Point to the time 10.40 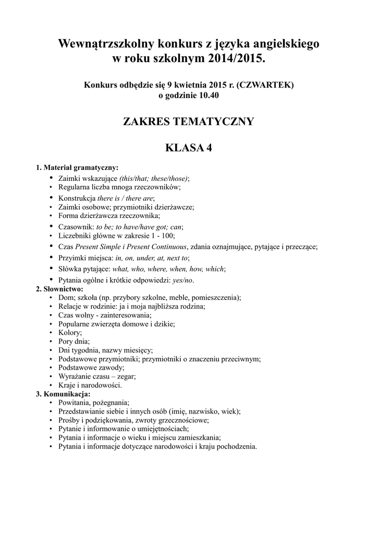(202, 95)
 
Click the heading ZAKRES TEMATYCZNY (188, 122)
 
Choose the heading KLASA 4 (188, 148)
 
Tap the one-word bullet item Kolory (70, 332)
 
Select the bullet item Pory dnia (74, 341)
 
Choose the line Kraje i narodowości (90, 385)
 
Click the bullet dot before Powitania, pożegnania (51, 403)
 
